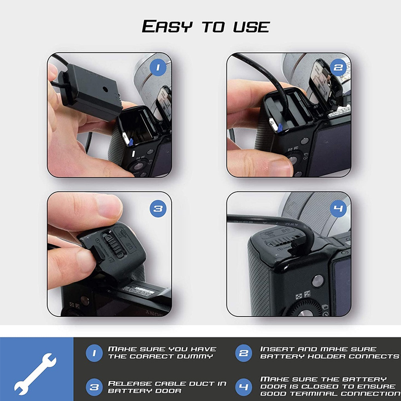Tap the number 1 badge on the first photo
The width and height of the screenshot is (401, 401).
pyautogui.click(x=158, y=67)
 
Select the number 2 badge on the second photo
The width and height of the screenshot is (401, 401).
pyautogui.click(x=338, y=67)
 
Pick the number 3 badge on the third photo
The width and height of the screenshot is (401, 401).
pyautogui.click(x=158, y=209)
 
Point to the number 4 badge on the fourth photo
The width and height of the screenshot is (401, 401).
pyautogui.click(x=338, y=209)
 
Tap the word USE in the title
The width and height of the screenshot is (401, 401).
pyautogui.click(x=251, y=27)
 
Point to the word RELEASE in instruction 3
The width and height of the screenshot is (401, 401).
pyautogui.click(x=130, y=384)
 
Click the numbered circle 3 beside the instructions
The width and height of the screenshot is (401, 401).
pyautogui.click(x=94, y=387)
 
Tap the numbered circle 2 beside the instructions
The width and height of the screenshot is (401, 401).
pyautogui.click(x=243, y=353)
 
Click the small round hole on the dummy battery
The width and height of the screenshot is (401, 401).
pyautogui.click(x=105, y=89)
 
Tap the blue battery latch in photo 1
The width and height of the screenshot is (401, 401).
pyautogui.click(x=131, y=142)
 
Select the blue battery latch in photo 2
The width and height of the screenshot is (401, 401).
pyautogui.click(x=280, y=128)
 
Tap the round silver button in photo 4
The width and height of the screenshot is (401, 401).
pyautogui.click(x=318, y=281)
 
